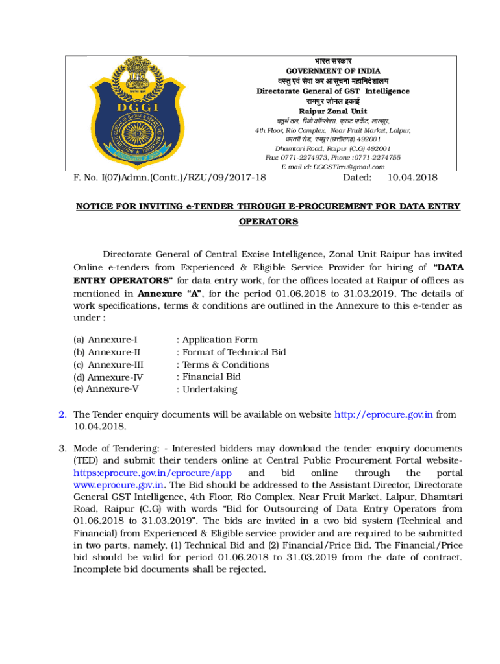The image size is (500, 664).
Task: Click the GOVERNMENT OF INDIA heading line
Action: click(x=333, y=71)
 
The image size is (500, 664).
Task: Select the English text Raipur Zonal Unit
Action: click(x=333, y=112)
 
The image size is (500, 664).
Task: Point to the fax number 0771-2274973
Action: click(x=309, y=158)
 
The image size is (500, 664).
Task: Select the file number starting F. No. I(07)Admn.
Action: click(x=169, y=178)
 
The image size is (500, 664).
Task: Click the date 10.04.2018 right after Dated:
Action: click(x=412, y=178)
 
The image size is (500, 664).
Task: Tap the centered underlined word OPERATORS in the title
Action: click(x=268, y=222)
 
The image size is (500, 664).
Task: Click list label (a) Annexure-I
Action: click(x=105, y=340)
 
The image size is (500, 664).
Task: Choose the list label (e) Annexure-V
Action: click(x=106, y=389)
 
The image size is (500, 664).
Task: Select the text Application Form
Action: click(x=219, y=340)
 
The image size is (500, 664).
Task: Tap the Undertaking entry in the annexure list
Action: click(x=210, y=390)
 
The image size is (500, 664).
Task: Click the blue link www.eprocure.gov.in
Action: click(x=118, y=485)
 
